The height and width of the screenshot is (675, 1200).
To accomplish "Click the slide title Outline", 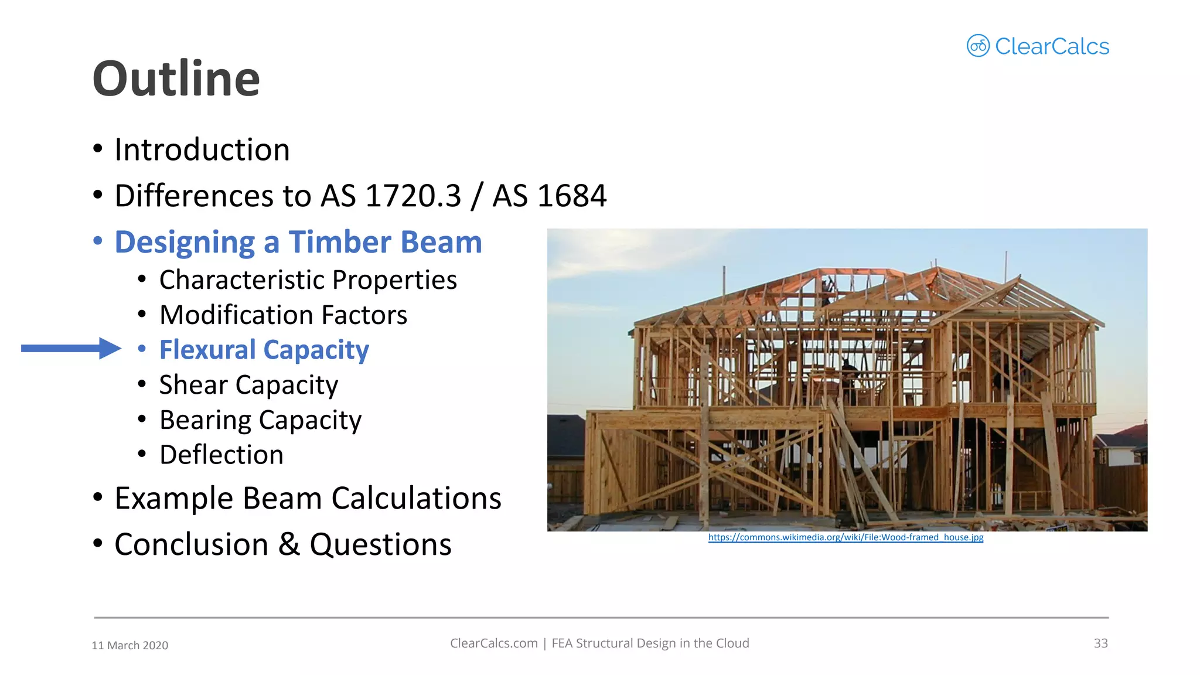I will point(176,79).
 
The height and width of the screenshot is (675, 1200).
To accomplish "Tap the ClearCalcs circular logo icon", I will point(978,46).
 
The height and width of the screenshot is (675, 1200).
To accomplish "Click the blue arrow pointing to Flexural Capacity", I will point(71,349).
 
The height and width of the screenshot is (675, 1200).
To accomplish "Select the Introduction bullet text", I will point(202,150).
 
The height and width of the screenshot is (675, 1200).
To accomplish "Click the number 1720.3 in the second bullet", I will point(413,196).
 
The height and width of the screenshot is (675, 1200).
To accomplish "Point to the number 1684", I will point(578,196).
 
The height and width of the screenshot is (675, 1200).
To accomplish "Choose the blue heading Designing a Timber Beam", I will point(298,243).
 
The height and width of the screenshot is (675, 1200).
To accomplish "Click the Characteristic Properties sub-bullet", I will point(308,280).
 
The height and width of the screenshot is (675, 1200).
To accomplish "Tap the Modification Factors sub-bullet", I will point(283,315).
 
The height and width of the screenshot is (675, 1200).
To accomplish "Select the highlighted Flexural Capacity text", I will point(264,350).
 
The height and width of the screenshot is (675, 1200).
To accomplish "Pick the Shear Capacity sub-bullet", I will point(248,385).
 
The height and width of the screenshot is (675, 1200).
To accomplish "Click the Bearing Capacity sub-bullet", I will point(260,420).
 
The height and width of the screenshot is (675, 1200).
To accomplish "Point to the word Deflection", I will point(221,455).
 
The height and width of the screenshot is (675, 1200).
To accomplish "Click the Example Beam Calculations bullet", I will point(308,499).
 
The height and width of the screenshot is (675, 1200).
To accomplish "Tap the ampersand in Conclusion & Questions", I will point(289,544).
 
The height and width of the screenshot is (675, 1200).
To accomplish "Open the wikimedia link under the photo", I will point(846,537).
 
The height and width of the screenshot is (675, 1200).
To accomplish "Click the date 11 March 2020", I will point(130,645).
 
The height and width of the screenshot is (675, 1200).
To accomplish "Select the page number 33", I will point(1100,643).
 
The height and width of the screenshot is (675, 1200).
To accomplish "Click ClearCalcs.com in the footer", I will point(493,643).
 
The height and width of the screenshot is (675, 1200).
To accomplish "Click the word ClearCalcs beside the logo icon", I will point(1052,46).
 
